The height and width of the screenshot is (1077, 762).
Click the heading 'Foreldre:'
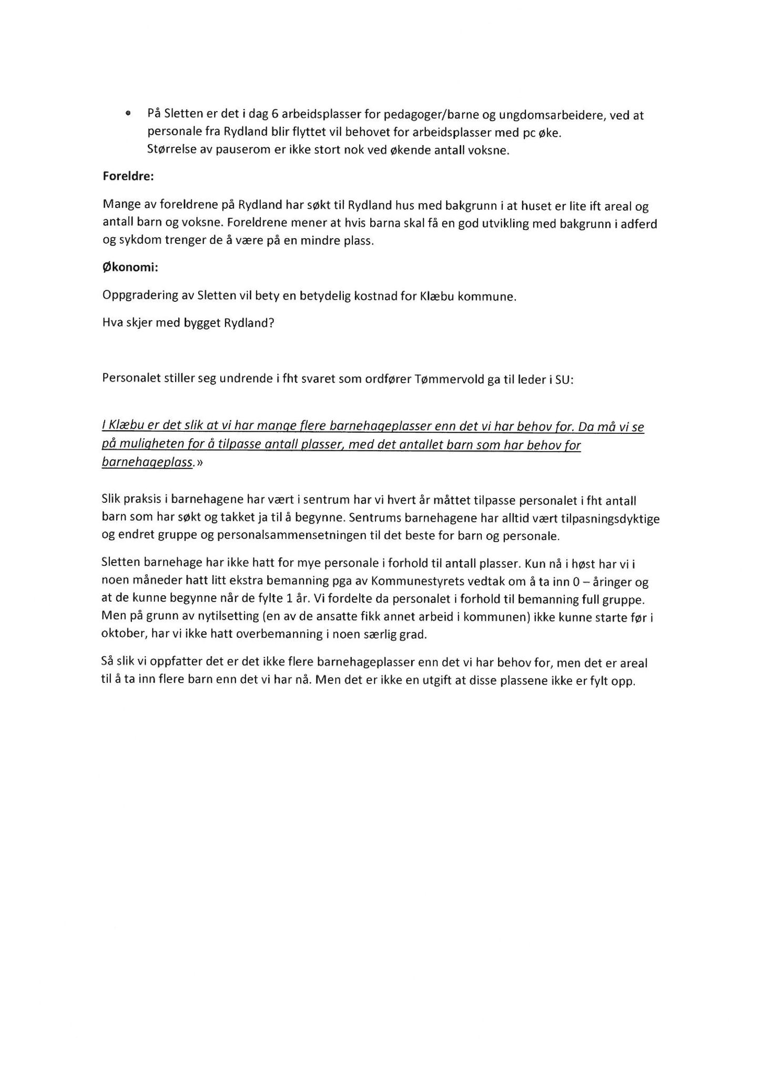point(128,177)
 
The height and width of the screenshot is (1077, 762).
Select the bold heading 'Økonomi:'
point(130,268)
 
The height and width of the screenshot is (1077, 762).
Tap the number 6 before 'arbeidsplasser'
point(275,115)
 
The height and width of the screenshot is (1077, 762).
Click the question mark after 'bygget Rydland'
point(271,323)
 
